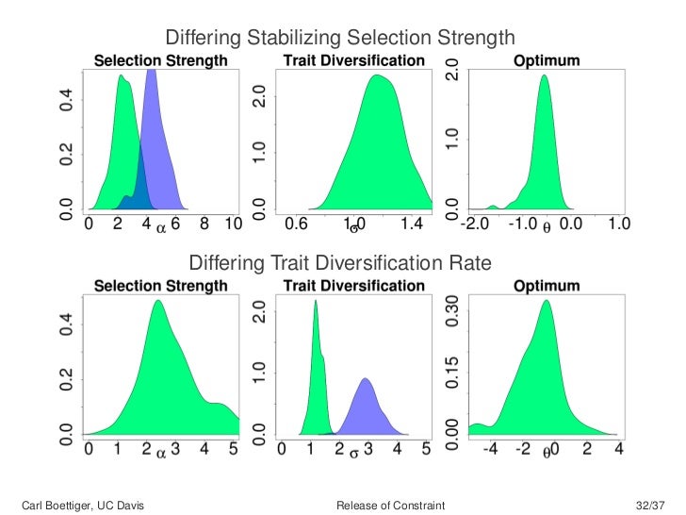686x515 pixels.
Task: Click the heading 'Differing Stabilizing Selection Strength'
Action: tap(340, 38)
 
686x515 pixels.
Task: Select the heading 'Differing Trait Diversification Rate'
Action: tap(340, 263)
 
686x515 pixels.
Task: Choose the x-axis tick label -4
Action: tap(490, 451)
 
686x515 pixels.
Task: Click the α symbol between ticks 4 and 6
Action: tap(160, 227)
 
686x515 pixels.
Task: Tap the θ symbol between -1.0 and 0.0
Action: tap(547, 227)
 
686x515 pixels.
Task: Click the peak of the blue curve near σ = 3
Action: tap(365, 379)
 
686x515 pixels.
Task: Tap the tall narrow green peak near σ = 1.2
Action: tap(315, 301)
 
